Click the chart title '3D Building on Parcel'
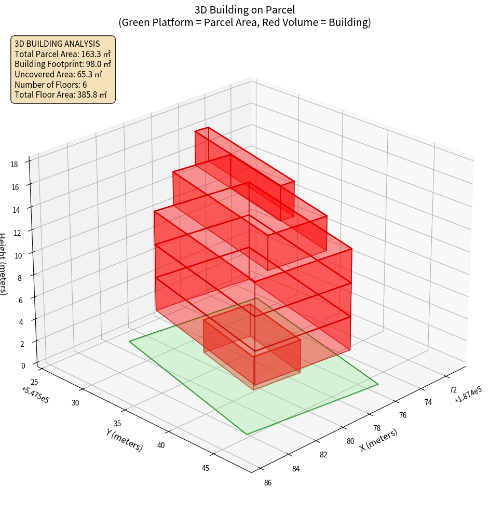click(244, 9)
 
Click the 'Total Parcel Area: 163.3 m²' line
click(63, 53)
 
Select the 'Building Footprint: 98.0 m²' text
click(63, 64)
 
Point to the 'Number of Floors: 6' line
click(51, 85)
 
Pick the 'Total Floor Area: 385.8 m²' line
click(61, 95)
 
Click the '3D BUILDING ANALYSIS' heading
click(57, 44)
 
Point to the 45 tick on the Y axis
click(205, 468)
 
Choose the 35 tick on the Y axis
click(117, 424)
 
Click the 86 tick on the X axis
click(267, 483)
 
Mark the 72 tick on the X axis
click(453, 390)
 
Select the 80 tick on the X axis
click(351, 441)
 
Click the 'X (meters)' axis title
click(379, 440)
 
